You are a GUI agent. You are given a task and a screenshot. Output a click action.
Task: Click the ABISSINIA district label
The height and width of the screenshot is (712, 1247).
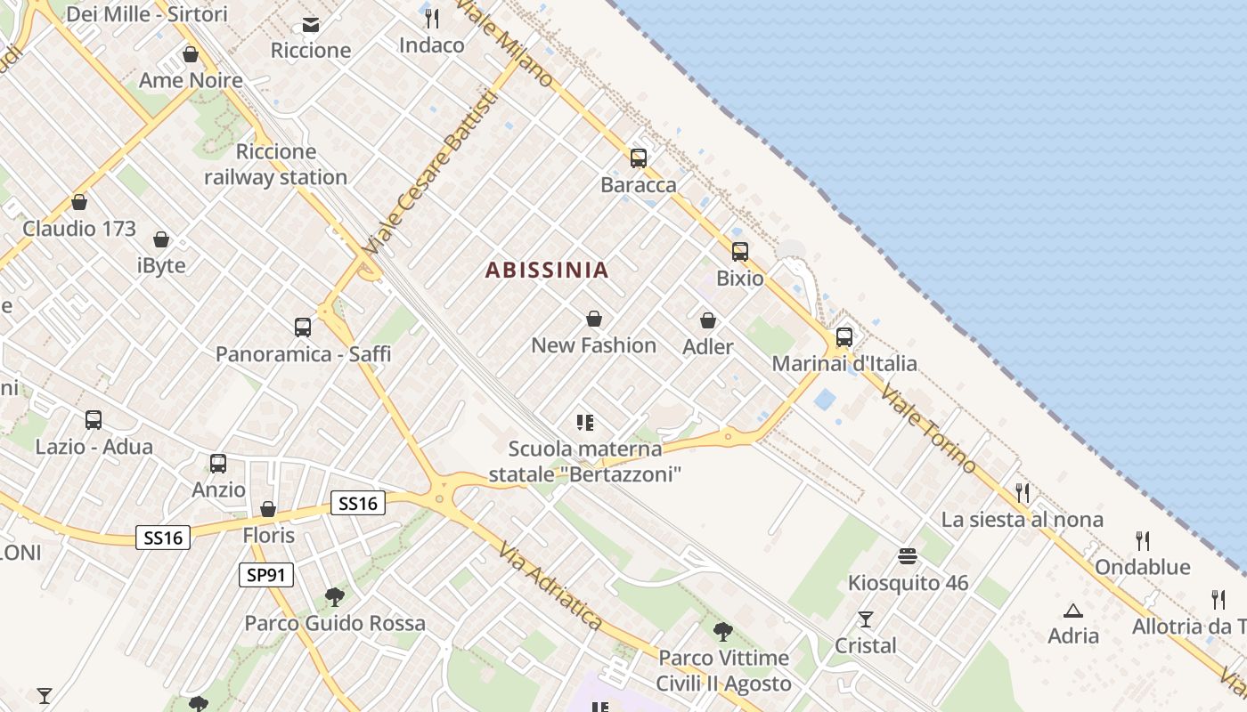(547, 270)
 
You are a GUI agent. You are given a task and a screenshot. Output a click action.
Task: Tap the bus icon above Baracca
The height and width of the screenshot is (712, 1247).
(639, 158)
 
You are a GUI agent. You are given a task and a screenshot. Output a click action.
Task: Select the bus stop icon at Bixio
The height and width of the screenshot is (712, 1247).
(740, 252)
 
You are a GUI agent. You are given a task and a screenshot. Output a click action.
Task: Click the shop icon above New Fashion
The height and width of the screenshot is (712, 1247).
(594, 319)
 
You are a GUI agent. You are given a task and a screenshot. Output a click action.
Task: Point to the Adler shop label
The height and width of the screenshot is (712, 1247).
(708, 346)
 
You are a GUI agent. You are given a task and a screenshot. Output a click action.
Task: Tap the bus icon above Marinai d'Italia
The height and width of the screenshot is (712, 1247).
(844, 337)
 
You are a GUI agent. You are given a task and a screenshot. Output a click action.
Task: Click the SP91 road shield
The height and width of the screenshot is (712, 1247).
(266, 575)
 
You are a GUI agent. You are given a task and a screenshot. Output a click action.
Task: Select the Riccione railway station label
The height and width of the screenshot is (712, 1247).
(275, 165)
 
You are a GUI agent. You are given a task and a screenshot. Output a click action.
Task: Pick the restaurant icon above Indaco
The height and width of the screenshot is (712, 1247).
(432, 18)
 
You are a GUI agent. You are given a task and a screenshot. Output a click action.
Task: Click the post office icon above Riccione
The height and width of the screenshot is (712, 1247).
(311, 24)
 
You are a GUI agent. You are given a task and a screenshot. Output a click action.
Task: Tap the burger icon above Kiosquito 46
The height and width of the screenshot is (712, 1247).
(908, 557)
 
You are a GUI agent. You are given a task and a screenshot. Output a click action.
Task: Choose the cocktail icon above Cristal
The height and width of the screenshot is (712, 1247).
(865, 619)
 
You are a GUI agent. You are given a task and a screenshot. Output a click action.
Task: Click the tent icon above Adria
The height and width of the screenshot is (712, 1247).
(1072, 611)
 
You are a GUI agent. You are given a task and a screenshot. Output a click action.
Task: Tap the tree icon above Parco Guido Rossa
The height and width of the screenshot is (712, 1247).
(335, 596)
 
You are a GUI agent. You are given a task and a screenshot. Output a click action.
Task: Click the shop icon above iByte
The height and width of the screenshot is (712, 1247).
(161, 239)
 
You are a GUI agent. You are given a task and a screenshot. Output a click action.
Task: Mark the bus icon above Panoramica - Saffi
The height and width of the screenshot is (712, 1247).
(303, 328)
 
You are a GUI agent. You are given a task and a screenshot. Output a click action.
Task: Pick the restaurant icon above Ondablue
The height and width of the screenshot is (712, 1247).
(1143, 540)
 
